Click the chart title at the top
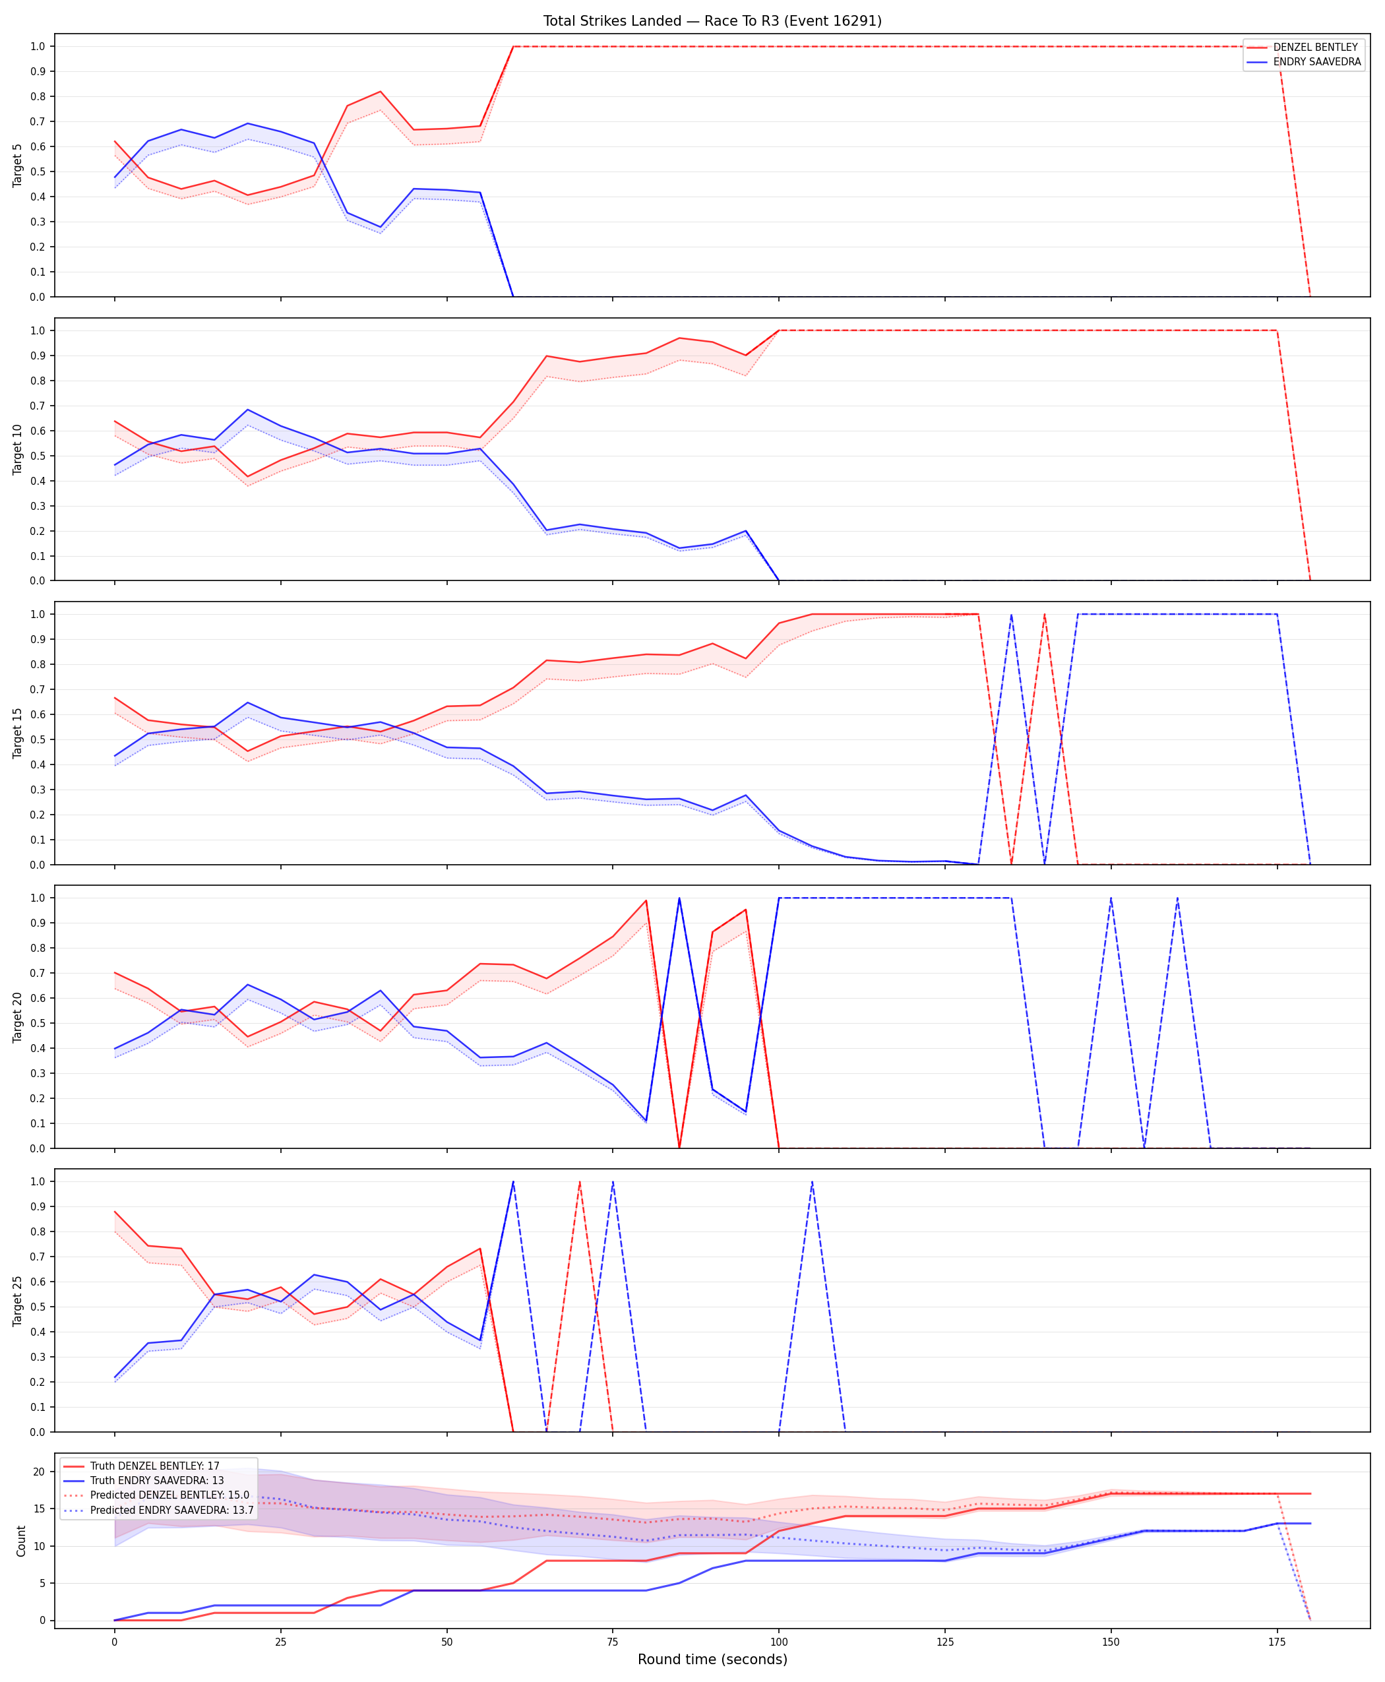click(712, 20)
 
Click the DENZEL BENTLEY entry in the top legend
click(1316, 47)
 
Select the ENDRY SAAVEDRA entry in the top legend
click(1317, 61)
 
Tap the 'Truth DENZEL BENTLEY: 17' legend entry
click(155, 1466)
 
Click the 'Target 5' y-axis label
click(18, 165)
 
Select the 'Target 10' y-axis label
click(18, 449)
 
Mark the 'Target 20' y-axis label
click(18, 1016)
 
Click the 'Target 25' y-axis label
click(18, 1301)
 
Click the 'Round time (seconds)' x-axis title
click(712, 1659)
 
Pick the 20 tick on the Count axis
click(38, 1472)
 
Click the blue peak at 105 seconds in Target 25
click(812, 1182)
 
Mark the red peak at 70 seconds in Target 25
click(579, 1182)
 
